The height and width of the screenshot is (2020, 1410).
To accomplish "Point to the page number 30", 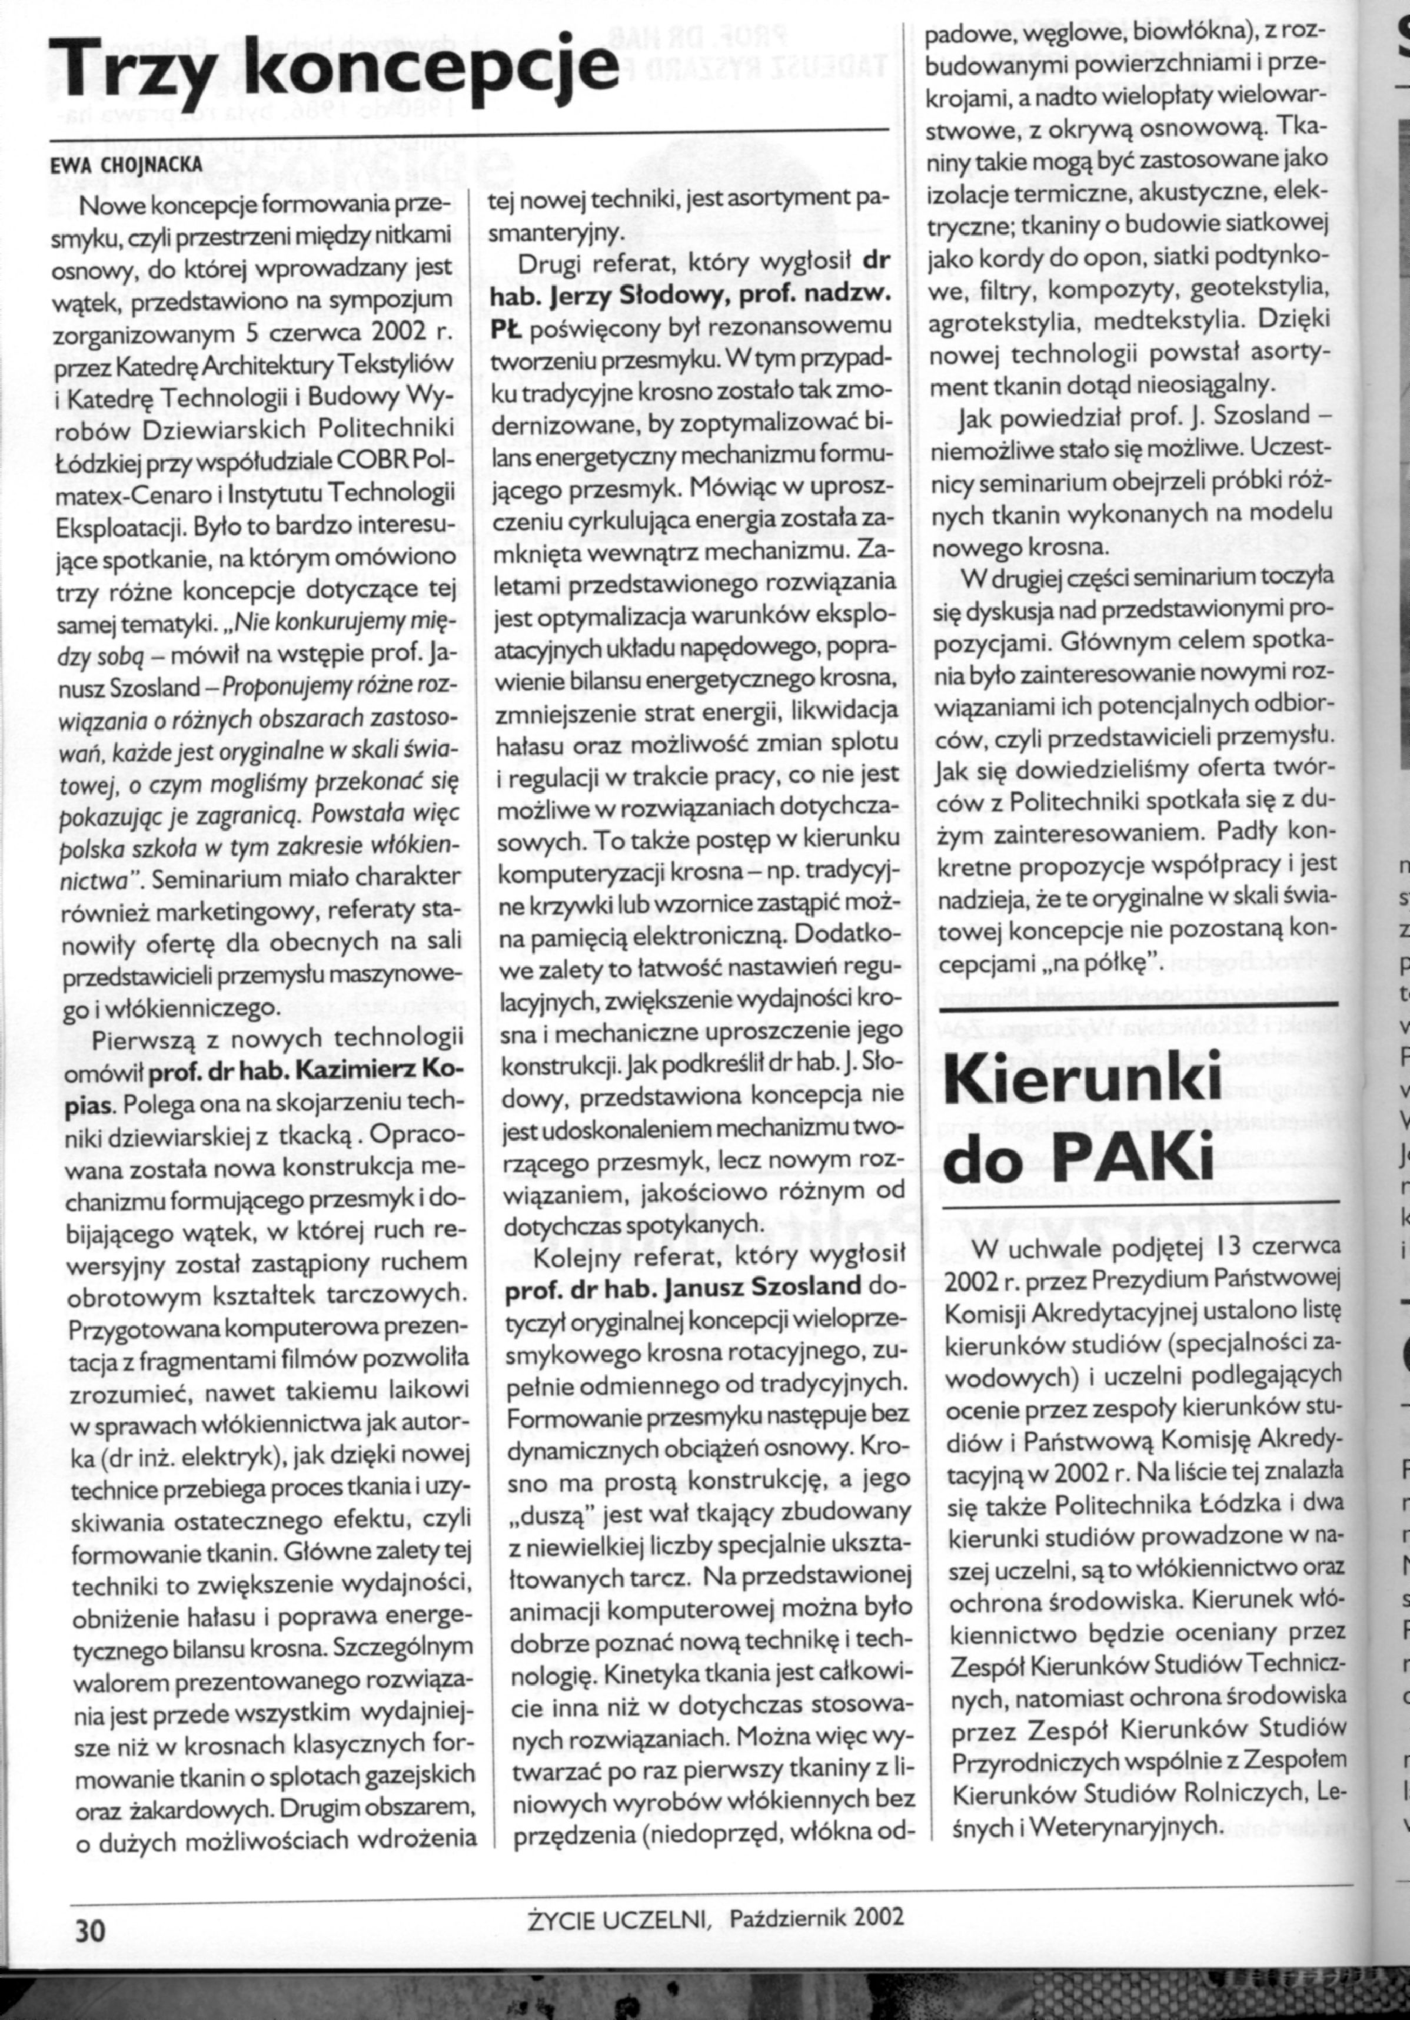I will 89,1925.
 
